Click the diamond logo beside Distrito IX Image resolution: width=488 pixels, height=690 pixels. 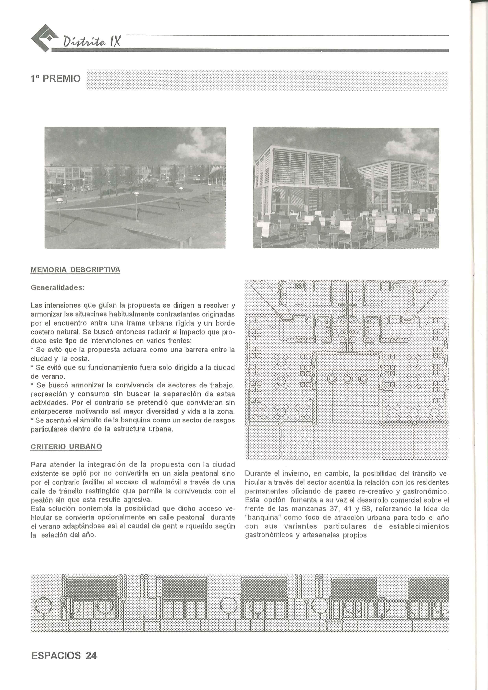tap(44, 38)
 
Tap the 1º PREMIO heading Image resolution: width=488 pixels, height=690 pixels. tap(56, 79)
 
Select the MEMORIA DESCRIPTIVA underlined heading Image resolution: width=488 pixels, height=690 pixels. tap(76, 270)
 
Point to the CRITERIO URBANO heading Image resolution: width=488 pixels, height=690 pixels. tap(66, 446)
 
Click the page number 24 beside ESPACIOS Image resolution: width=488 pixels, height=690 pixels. tap(91, 655)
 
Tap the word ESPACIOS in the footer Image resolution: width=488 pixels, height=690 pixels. tap(56, 655)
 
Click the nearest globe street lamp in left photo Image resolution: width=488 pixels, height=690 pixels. tap(60, 201)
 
